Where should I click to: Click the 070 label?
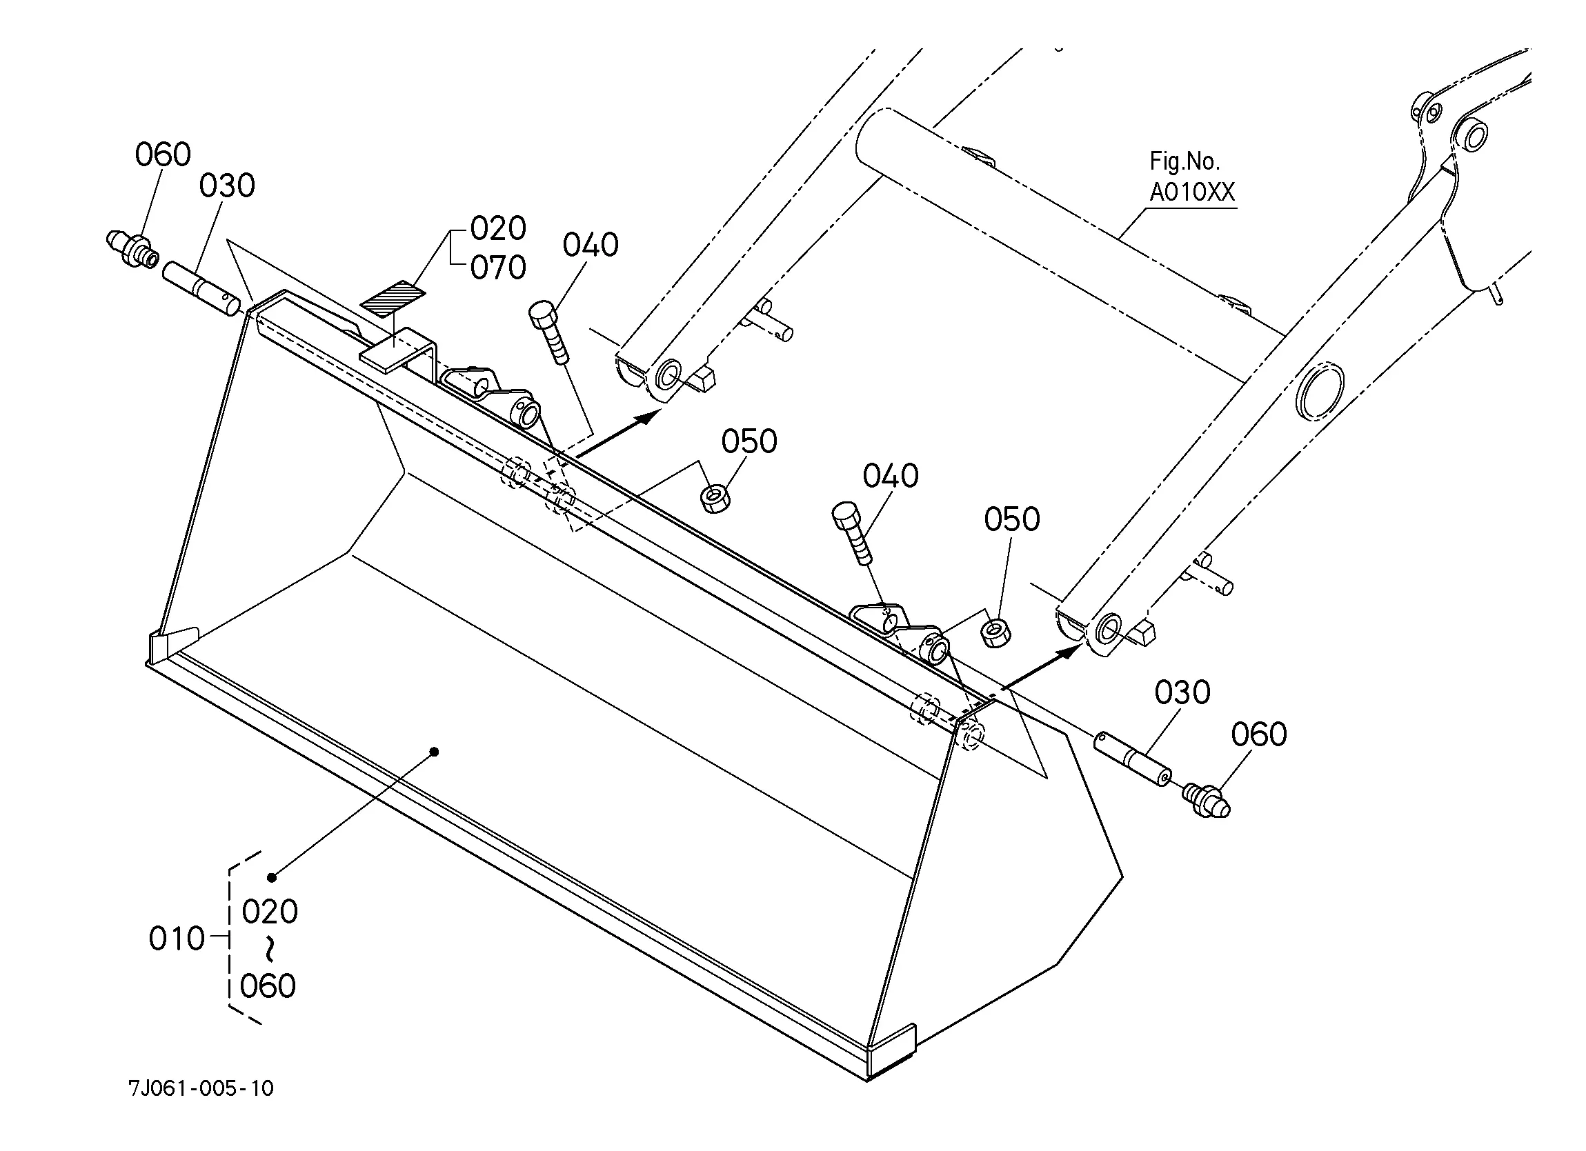tap(498, 267)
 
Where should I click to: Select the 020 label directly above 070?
tap(498, 228)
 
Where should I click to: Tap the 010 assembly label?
tap(176, 939)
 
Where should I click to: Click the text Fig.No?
tap(1184, 161)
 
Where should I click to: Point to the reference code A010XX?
tap(1192, 192)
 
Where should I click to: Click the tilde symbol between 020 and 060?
tap(270, 949)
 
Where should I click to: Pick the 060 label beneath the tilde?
tap(268, 986)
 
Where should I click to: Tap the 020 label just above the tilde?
tap(270, 912)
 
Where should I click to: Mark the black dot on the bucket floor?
tap(434, 752)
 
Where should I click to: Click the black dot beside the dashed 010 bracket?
tap(272, 878)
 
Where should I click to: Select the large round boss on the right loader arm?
tap(1320, 392)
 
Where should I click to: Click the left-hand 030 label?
tap(227, 186)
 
